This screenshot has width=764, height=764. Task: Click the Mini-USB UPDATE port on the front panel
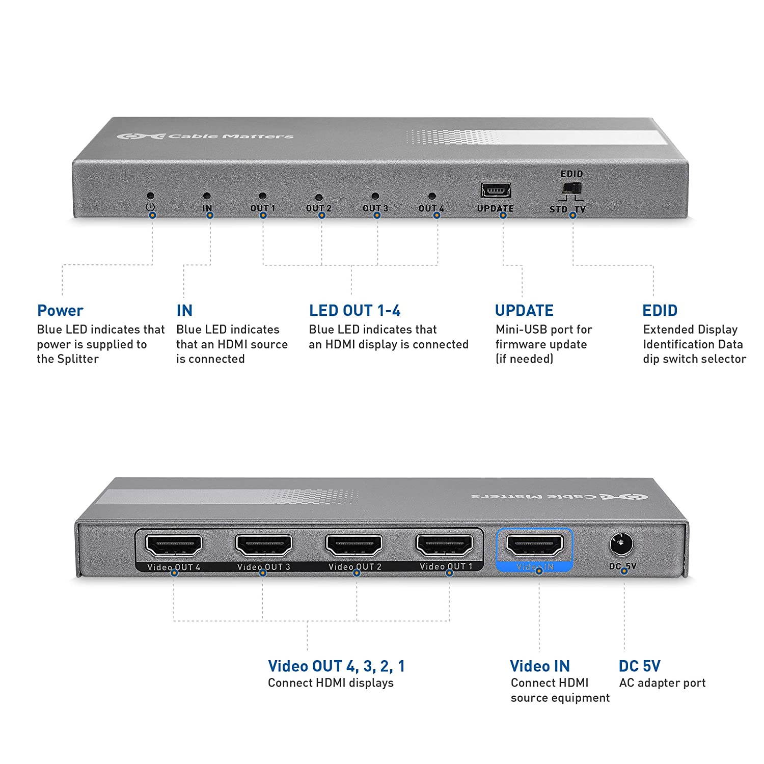coord(496,190)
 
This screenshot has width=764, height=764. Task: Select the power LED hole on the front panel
coord(150,196)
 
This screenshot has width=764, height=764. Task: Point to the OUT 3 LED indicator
coord(375,196)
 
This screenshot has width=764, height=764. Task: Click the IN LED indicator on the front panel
coord(206,196)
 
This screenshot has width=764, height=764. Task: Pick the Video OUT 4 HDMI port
coord(174,545)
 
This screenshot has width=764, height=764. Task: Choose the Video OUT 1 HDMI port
coord(444,545)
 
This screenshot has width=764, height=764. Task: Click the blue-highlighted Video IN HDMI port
coord(534,545)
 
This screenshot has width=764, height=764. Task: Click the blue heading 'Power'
coord(60,311)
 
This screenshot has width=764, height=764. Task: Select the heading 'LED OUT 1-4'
coord(354,311)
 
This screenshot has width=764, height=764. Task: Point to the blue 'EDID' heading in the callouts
coord(660,311)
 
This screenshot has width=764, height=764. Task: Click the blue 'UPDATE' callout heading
coord(524,311)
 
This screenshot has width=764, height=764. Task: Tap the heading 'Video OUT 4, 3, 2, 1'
coord(336,666)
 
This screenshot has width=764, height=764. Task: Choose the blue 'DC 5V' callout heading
coord(639,666)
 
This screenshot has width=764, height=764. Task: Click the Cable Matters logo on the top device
coord(205,137)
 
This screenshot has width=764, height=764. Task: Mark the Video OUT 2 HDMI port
coord(354,545)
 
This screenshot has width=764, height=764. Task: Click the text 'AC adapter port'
coord(662,683)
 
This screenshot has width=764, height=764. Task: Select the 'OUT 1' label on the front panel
coord(262,208)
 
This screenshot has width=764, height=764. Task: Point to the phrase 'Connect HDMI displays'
coord(331,683)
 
